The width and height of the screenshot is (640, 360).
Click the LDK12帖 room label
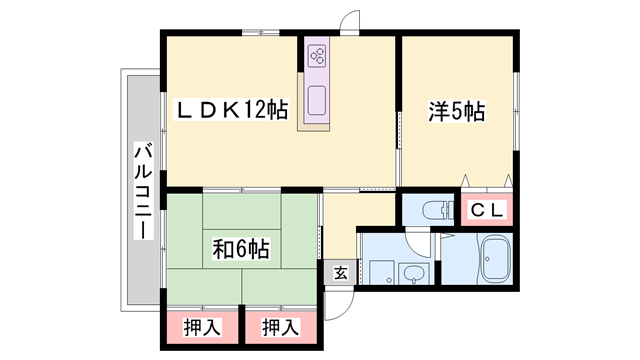tap(231, 109)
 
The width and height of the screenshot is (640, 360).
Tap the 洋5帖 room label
tap(456, 111)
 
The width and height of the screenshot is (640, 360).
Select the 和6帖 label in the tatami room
tap(241, 249)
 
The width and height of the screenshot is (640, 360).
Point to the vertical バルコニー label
tap(144, 190)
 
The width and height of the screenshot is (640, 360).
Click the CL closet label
tap(487, 211)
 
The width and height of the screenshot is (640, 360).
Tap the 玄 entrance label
tap(340, 273)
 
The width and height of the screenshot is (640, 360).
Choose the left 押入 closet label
tap(202, 327)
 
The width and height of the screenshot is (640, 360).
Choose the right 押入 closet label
tap(281, 327)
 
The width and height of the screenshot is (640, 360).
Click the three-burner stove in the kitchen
tap(318, 56)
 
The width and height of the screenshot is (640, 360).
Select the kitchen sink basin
tap(317, 100)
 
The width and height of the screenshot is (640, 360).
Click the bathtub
tap(495, 260)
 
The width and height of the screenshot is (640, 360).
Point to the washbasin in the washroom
tap(413, 273)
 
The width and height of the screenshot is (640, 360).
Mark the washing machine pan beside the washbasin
tap(382, 272)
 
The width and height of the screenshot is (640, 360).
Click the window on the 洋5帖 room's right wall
tap(516, 111)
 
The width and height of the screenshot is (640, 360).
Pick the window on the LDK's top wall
tap(260, 32)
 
